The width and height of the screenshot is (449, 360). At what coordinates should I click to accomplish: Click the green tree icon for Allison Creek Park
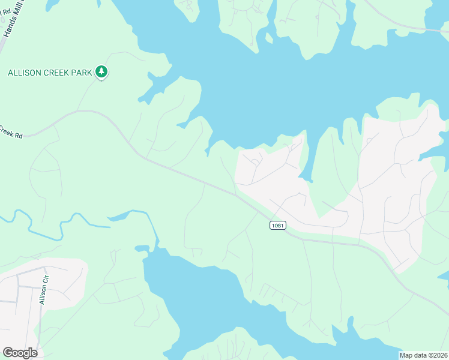102,72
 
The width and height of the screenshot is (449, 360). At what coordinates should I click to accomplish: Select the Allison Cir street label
43,289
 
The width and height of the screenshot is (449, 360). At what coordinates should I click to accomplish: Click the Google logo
20,353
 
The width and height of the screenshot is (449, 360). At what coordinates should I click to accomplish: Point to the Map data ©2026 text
423,355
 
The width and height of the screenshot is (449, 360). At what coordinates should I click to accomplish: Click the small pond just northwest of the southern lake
142,248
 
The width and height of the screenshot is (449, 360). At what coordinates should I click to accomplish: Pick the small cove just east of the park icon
153,77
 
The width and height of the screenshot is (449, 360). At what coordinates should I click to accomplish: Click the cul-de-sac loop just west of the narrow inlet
255,161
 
